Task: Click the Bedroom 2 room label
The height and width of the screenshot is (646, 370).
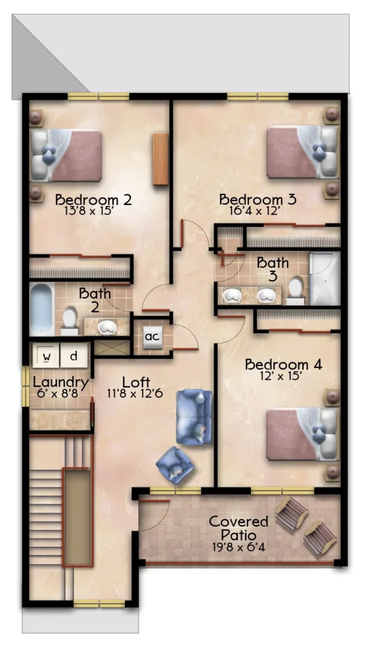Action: pyautogui.click(x=93, y=200)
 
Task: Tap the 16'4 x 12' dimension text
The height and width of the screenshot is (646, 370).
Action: pyautogui.click(x=255, y=211)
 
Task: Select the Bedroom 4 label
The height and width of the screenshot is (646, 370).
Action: pyautogui.click(x=283, y=365)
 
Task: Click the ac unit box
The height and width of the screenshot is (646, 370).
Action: pyautogui.click(x=152, y=337)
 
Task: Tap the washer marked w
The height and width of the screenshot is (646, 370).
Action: pyautogui.click(x=46, y=356)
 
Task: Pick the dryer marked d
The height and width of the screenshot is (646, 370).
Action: pyautogui.click(x=74, y=355)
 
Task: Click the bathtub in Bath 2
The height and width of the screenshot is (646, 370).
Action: pyautogui.click(x=42, y=308)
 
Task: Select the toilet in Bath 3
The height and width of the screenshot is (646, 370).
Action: pyautogui.click(x=295, y=290)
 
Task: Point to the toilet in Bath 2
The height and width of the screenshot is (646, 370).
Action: pyautogui.click(x=69, y=321)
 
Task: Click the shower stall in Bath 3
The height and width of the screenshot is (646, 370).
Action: pyautogui.click(x=325, y=278)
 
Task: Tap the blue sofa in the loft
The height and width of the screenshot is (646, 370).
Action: pyautogui.click(x=194, y=417)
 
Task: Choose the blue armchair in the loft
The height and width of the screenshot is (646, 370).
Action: pyautogui.click(x=175, y=465)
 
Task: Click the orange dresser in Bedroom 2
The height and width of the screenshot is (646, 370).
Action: pyautogui.click(x=160, y=159)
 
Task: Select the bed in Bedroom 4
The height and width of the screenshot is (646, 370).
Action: pyautogui.click(x=302, y=434)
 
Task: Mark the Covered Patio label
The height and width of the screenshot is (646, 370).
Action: pyautogui.click(x=239, y=528)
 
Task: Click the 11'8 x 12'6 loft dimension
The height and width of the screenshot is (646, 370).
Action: pyautogui.click(x=135, y=394)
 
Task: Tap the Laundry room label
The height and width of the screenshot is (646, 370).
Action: pyautogui.click(x=61, y=383)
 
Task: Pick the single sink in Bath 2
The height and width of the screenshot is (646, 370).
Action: pyautogui.click(x=107, y=327)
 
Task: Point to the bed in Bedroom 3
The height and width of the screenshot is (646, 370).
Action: pyautogui.click(x=303, y=152)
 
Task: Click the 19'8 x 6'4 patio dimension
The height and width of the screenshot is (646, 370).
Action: pyautogui.click(x=239, y=548)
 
